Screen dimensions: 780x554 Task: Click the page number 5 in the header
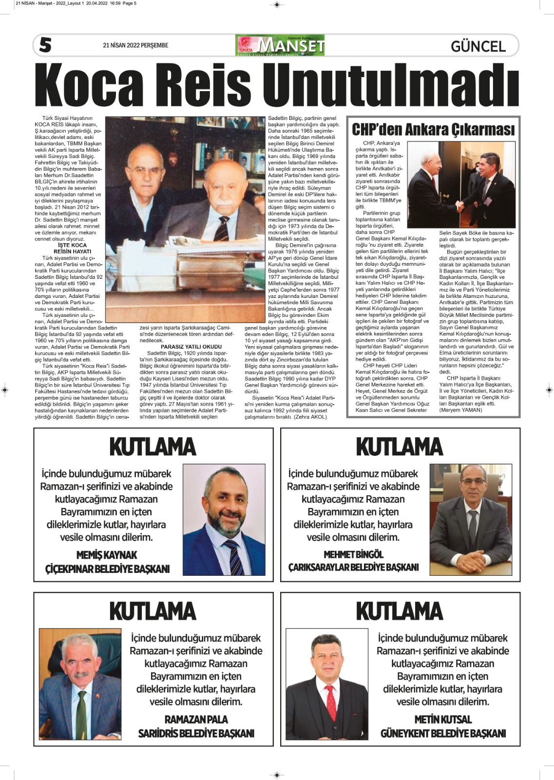pyautogui.click(x=45, y=45)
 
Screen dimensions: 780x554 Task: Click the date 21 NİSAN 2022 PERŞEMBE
pyautogui.click(x=135, y=45)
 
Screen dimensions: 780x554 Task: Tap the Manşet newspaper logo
pyautogui.click(x=280, y=45)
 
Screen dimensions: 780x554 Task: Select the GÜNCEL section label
pyautogui.click(x=478, y=46)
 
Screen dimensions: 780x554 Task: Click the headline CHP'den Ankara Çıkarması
pyautogui.click(x=433, y=130)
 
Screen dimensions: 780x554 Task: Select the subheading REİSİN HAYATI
pyautogui.click(x=72, y=252)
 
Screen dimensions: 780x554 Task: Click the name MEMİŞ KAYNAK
pyautogui.click(x=107, y=555)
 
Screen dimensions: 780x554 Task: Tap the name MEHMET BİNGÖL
pyautogui.click(x=353, y=554)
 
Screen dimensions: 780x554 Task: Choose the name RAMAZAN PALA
pyautogui.click(x=196, y=719)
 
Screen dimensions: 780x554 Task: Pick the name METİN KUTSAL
pyautogui.click(x=443, y=719)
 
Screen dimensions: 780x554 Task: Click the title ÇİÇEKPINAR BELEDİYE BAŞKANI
pyautogui.click(x=107, y=569)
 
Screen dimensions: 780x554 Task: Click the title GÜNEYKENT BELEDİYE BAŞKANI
pyautogui.click(x=443, y=733)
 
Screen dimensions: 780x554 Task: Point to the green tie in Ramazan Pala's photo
pyautogui.click(x=81, y=710)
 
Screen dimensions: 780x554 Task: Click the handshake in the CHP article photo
pyautogui.click(x=459, y=206)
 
